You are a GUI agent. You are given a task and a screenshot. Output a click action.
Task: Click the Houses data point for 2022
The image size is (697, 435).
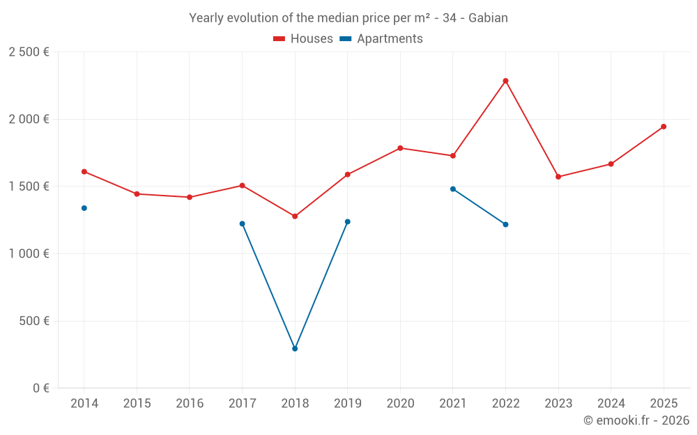(x=505, y=81)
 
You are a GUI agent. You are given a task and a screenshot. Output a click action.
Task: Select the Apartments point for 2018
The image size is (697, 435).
(x=295, y=349)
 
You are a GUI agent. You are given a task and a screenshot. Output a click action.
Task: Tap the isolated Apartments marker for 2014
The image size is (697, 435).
(x=84, y=208)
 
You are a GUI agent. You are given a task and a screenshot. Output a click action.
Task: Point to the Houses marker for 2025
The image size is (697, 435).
(x=664, y=127)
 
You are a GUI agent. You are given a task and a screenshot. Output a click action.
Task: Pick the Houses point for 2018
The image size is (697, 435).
(x=295, y=216)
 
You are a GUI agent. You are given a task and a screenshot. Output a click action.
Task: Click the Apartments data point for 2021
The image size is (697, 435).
(x=453, y=189)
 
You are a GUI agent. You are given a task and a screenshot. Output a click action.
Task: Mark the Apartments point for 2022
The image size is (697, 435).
(x=505, y=224)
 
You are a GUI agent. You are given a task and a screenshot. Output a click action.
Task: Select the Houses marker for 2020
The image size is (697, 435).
(x=400, y=148)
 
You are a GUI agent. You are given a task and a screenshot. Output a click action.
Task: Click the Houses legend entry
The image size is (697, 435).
(x=303, y=39)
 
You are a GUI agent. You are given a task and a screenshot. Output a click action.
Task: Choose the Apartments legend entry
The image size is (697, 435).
(x=381, y=39)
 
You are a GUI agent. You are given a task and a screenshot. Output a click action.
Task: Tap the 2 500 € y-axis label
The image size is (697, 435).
(x=29, y=52)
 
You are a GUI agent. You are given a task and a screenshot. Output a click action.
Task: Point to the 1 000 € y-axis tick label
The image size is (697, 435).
(x=29, y=254)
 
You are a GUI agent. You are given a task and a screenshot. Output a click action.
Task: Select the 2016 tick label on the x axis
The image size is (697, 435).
(x=190, y=404)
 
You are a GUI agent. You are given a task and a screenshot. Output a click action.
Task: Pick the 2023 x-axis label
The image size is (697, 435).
(x=558, y=404)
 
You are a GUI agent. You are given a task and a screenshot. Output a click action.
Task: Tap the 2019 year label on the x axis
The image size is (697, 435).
(x=347, y=404)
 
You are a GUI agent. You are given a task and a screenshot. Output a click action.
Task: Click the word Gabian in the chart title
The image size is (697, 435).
(x=488, y=18)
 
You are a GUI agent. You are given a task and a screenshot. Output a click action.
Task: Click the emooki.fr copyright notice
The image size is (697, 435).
(x=636, y=420)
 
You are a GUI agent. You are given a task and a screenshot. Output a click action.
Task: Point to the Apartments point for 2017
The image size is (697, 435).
(x=242, y=223)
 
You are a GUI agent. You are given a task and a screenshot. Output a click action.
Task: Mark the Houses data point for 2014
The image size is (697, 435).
(x=84, y=171)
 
